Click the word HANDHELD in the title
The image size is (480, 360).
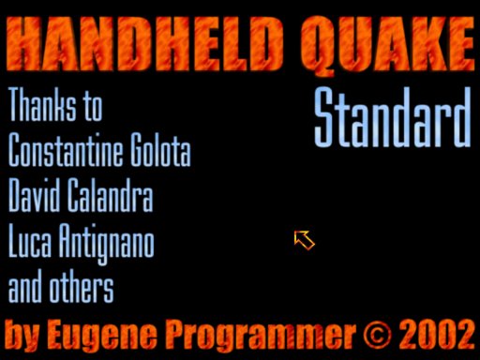144,44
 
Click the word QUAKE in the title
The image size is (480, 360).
388,46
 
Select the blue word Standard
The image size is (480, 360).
393,117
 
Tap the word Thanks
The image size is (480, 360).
42,104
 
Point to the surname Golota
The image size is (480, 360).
160,149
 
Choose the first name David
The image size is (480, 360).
34,195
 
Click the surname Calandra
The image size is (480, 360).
111,195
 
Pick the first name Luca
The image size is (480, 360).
30,240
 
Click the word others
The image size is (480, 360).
82,286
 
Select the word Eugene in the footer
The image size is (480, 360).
102,336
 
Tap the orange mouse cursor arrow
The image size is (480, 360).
304,240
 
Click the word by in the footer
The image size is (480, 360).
22,336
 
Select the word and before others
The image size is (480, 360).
25,286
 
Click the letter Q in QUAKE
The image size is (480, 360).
318,46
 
